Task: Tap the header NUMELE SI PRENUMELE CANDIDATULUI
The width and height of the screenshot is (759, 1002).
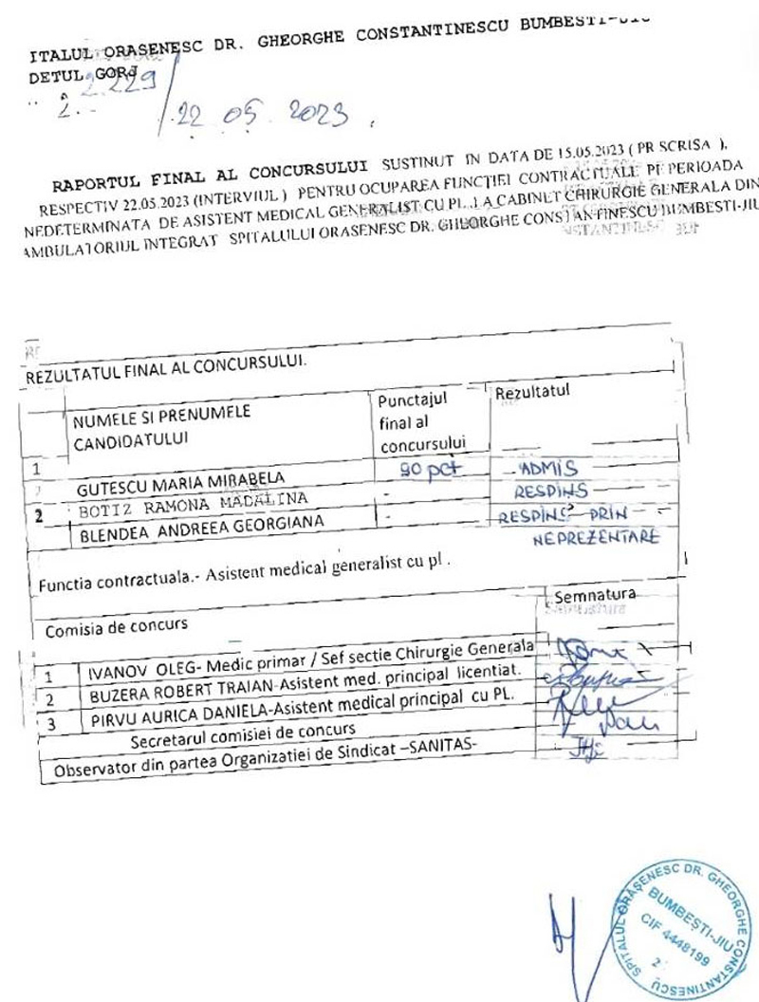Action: (163, 425)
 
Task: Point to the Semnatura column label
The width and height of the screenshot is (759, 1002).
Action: (594, 596)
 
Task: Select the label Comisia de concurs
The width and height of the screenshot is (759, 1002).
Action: (117, 626)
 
